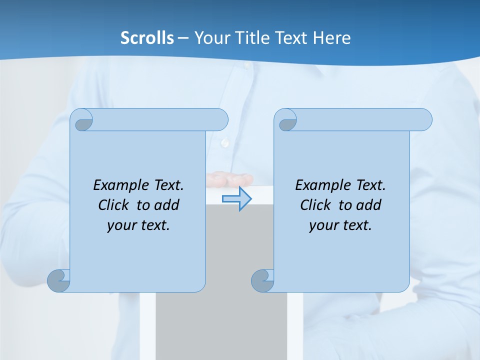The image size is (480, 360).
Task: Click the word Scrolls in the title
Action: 147,38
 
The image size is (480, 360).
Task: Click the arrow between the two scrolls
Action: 237,199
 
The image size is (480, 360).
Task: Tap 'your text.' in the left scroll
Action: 138,225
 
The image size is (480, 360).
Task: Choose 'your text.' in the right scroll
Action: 340,225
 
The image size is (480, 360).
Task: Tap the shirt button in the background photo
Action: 225,143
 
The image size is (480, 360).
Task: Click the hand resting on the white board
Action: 227,177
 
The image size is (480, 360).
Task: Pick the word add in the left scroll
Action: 167,205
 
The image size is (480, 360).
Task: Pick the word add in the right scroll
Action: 369,205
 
